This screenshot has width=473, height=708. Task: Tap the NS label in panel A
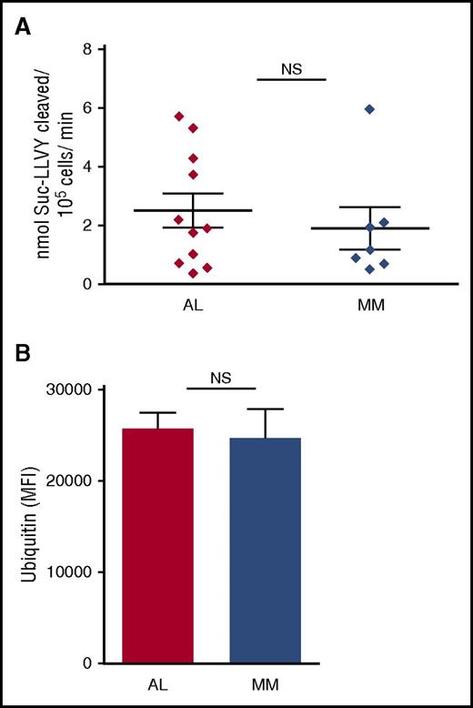[x=291, y=66]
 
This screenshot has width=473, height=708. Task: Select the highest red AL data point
[x=179, y=116]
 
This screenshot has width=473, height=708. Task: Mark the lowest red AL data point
[x=193, y=273]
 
